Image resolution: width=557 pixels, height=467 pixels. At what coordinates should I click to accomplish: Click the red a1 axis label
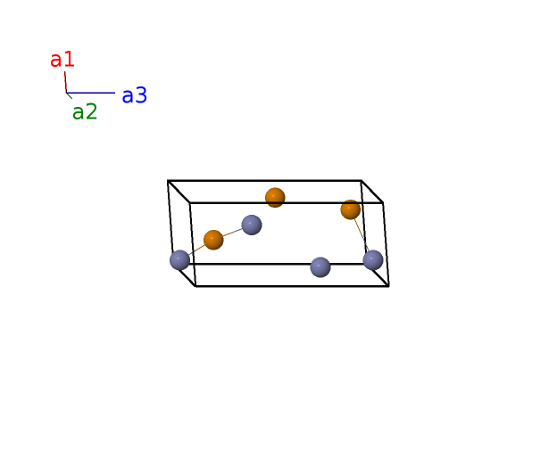click(62, 60)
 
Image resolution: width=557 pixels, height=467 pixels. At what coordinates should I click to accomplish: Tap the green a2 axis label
click(85, 112)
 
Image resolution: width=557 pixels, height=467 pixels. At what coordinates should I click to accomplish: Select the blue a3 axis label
click(135, 95)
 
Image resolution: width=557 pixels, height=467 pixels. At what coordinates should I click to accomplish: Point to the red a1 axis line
click(66, 82)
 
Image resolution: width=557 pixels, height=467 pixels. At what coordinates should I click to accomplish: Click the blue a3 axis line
click(91, 93)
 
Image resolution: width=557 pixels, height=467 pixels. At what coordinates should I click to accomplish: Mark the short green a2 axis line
click(70, 95)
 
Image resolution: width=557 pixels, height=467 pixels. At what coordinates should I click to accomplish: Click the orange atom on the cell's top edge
click(275, 198)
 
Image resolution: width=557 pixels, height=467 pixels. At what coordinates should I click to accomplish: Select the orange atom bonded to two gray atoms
click(213, 240)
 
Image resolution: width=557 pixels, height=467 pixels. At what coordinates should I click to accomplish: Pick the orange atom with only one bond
click(350, 209)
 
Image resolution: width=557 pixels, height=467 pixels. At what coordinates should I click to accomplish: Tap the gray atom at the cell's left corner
click(179, 260)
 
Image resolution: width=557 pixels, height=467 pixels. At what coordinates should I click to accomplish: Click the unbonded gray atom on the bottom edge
click(320, 267)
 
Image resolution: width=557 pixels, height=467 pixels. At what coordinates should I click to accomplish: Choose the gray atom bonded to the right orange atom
click(373, 260)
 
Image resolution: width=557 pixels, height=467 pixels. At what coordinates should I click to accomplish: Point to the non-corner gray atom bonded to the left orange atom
click(252, 225)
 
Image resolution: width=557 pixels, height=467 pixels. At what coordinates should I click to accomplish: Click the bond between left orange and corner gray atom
click(196, 250)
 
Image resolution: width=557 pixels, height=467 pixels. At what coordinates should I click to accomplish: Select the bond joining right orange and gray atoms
click(362, 234)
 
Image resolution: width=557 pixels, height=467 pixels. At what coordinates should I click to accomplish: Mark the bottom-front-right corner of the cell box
click(389, 286)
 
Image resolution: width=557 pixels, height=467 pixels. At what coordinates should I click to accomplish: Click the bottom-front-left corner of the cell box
click(195, 286)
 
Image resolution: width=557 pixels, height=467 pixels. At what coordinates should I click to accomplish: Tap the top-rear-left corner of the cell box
click(168, 181)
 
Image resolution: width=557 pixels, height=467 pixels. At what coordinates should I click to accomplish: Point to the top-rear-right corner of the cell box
click(362, 181)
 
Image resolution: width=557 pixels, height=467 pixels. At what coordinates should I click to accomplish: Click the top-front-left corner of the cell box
click(190, 203)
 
